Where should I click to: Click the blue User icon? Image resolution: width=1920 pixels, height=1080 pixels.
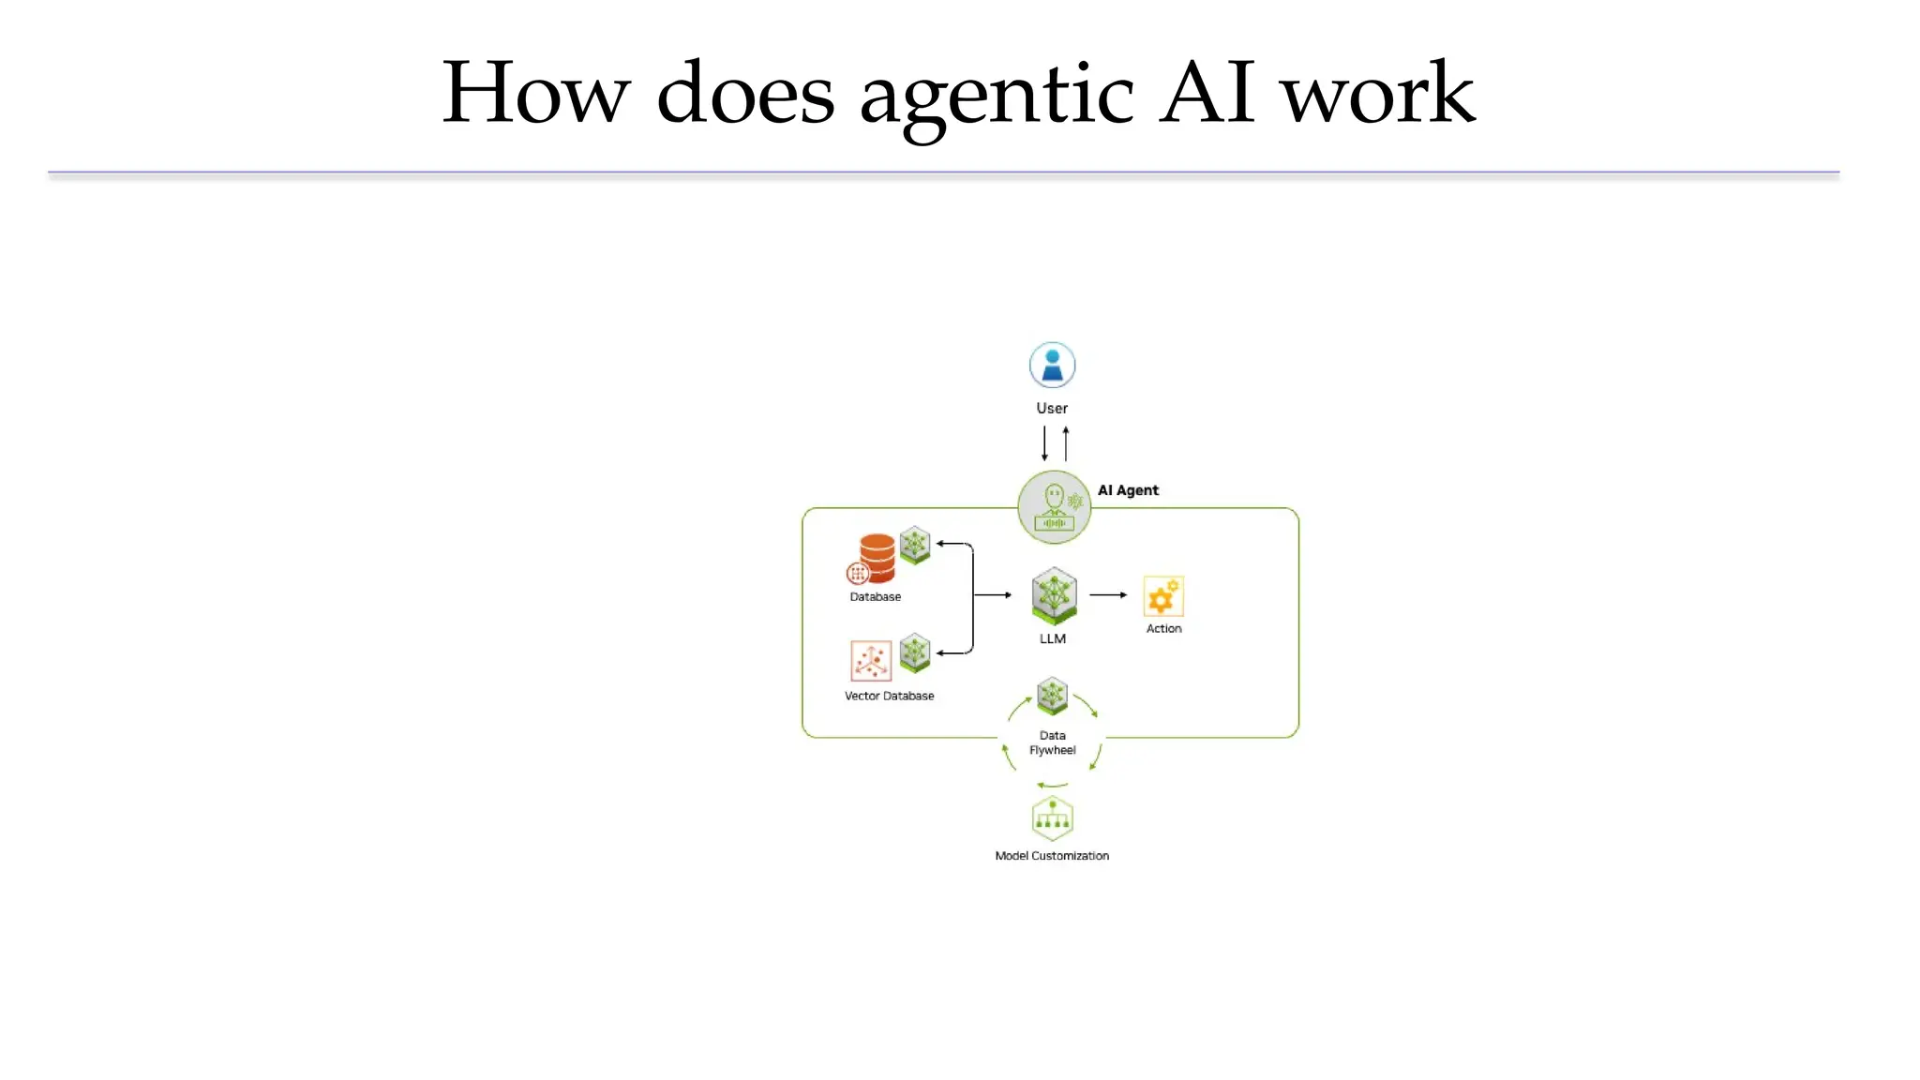[x=1052, y=365]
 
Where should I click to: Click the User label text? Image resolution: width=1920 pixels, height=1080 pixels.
[x=1052, y=409]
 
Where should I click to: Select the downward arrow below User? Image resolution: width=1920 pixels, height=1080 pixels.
[x=1044, y=443]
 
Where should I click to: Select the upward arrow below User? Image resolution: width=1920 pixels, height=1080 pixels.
[x=1066, y=443]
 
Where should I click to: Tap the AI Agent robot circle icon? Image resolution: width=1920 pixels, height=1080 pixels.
[x=1054, y=507]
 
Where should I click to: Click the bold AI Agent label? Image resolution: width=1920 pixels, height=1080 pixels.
[x=1128, y=490]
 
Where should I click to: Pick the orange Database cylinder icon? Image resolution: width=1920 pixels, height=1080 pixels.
[x=876, y=558]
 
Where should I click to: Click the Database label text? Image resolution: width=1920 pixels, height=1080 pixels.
[x=875, y=597]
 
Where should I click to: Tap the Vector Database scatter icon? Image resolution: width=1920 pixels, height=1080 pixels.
[x=870, y=661]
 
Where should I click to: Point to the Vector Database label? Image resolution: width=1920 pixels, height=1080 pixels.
[x=889, y=697]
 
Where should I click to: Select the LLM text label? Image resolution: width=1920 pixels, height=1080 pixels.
[x=1053, y=639]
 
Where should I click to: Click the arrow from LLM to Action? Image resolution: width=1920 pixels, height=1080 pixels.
[x=1108, y=595]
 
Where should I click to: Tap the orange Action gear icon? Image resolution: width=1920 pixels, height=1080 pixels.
[x=1163, y=596]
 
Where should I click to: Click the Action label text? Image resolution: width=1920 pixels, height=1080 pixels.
[x=1163, y=629]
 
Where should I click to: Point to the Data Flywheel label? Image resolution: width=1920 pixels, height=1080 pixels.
[x=1053, y=743]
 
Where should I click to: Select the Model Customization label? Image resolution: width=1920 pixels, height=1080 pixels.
[x=1052, y=856]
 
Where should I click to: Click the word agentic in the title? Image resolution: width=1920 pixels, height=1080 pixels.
[x=997, y=94]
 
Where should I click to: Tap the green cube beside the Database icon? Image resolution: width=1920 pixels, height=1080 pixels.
[x=915, y=545]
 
